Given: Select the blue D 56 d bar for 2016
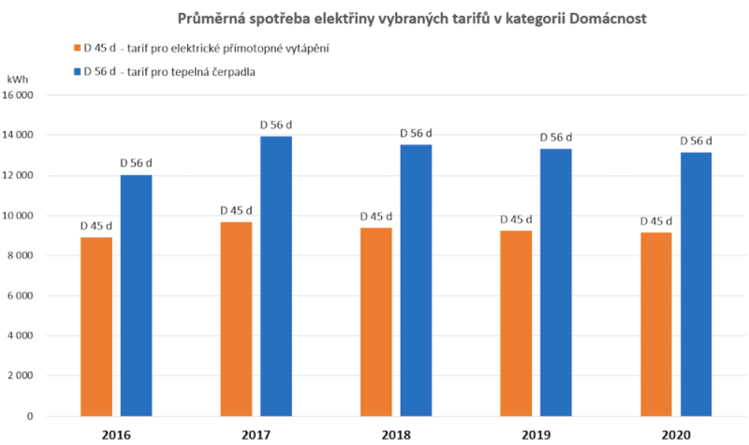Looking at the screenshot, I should (136, 295).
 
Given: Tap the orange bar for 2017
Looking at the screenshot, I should (236, 319).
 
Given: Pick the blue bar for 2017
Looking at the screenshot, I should (276, 275).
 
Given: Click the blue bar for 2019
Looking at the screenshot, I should (556, 282).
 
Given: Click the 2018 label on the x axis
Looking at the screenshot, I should (396, 434).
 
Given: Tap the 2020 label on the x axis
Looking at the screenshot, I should (676, 434).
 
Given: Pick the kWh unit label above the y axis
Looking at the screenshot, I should (20, 82).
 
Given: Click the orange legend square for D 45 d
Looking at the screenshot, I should (75, 48).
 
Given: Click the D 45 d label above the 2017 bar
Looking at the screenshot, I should (236, 210).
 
